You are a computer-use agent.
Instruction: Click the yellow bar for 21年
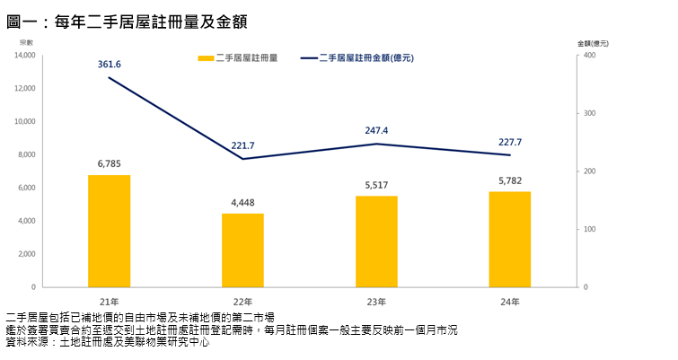109,231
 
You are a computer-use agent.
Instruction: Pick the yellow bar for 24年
509,239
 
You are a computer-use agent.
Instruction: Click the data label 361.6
109,64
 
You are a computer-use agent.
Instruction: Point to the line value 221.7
242,145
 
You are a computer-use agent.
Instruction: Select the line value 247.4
376,130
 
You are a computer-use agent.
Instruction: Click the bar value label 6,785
109,163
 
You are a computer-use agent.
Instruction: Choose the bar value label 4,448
242,202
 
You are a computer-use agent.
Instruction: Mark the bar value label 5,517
376,184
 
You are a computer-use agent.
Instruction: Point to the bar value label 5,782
509,180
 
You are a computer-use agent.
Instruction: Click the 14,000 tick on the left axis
24,56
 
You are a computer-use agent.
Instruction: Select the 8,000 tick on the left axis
26,154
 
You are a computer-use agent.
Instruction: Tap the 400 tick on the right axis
589,56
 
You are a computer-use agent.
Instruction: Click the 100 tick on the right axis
589,229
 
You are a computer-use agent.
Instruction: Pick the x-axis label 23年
376,301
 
